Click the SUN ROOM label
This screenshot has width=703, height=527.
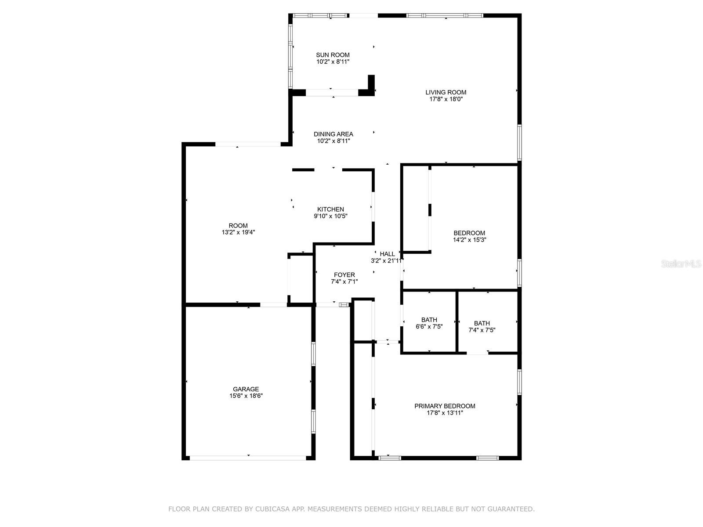[x=333, y=55]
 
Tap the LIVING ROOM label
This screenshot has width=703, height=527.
[x=446, y=93]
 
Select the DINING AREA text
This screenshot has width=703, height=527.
[x=333, y=134]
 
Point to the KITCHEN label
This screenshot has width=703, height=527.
[x=330, y=209]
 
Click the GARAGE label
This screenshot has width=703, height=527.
[x=246, y=390]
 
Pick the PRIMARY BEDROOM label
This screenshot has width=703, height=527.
[x=445, y=406]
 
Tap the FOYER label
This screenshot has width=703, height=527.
[x=344, y=275]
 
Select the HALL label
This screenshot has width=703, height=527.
[x=387, y=254]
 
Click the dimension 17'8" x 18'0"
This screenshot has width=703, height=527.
[x=446, y=99]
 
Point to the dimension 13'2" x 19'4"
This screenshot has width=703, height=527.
[x=238, y=232]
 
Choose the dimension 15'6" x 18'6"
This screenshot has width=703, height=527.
[x=246, y=396]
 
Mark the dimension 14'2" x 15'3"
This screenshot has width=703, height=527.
[x=469, y=240]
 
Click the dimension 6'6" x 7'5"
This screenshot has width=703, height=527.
[x=429, y=327]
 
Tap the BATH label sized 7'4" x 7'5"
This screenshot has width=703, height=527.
[x=482, y=324]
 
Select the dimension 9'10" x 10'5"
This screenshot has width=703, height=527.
[x=330, y=217]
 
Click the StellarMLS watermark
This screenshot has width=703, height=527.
[x=681, y=264]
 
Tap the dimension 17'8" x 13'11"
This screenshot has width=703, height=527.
[x=445, y=413]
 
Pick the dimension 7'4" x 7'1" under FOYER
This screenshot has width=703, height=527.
[x=344, y=282]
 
